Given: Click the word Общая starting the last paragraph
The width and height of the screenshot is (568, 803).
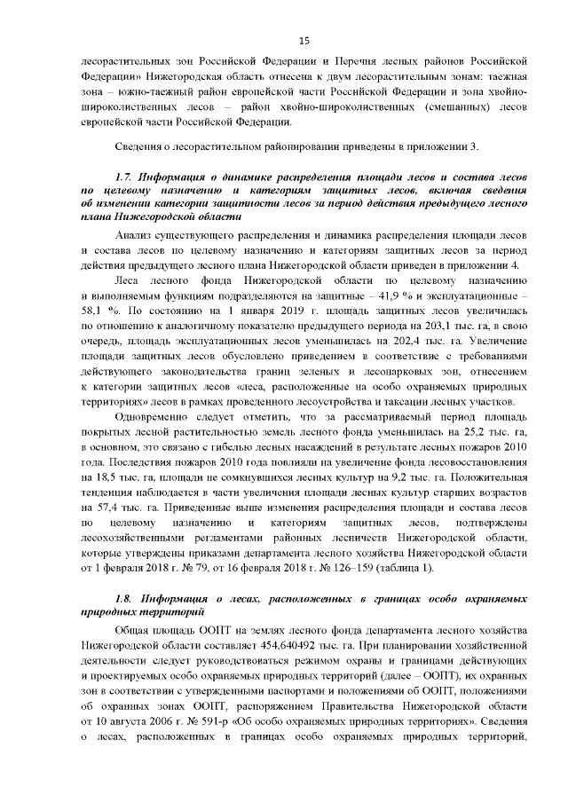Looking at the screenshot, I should [134, 629].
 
